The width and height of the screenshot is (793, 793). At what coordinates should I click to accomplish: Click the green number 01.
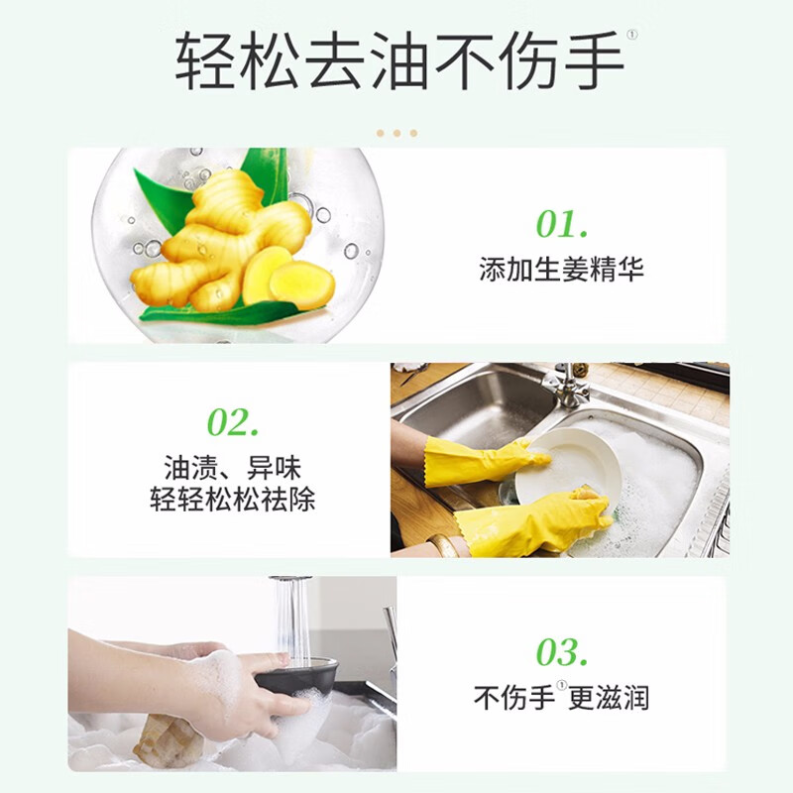click(x=562, y=224)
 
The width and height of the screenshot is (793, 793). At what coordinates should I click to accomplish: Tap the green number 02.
click(x=233, y=422)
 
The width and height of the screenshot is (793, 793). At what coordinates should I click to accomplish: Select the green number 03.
click(x=562, y=651)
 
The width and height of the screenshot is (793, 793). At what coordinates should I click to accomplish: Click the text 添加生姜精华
click(x=561, y=269)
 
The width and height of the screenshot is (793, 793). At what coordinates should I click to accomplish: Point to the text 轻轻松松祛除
click(x=233, y=499)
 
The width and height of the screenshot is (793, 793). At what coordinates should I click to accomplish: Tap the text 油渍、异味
click(x=233, y=467)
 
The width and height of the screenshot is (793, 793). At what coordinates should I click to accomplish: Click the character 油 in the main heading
click(x=399, y=60)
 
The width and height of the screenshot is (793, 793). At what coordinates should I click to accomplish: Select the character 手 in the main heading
click(x=593, y=60)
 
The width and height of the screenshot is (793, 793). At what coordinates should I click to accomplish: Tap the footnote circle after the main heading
click(x=632, y=35)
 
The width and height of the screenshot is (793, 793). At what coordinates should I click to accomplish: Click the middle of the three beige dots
click(x=397, y=133)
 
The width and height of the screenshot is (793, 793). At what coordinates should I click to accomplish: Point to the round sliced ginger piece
click(x=302, y=285)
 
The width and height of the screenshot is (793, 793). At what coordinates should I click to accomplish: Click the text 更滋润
click(x=609, y=698)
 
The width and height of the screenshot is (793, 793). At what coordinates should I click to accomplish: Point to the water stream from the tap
click(x=291, y=618)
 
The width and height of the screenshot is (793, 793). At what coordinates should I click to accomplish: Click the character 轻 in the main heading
click(x=205, y=60)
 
